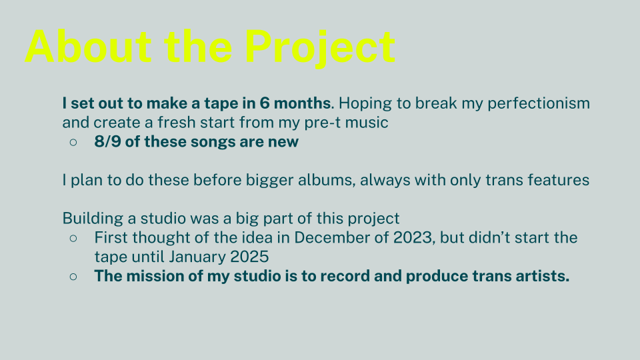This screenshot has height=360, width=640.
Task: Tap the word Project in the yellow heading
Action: [x=320, y=48]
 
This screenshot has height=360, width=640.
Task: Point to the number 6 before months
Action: [x=265, y=103]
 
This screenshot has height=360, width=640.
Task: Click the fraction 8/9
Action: [x=108, y=141]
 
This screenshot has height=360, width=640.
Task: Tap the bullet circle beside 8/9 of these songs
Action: [x=73, y=142]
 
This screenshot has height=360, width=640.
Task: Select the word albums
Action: [x=326, y=181]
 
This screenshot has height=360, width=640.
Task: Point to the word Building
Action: [x=93, y=219]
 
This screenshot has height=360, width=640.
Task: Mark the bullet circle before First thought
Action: [x=73, y=238]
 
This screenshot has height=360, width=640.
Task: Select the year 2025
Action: [x=249, y=257]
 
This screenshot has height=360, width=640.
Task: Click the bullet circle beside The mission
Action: [x=73, y=276]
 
